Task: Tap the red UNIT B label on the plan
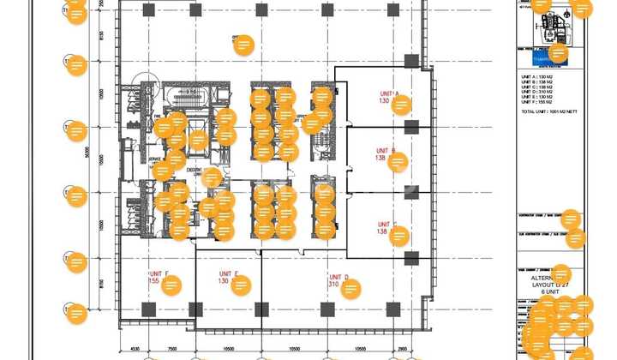pyautogui.click(x=385, y=151)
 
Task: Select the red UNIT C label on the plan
pyautogui.click(x=386, y=225)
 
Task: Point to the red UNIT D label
pyautogui.click(x=338, y=277)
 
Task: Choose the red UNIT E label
pyautogui.click(x=227, y=273)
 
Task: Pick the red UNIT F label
pyautogui.click(x=158, y=273)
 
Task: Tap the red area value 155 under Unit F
pyautogui.click(x=153, y=281)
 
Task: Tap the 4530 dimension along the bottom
pyautogui.click(x=135, y=350)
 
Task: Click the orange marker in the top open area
pyautogui.click(x=244, y=45)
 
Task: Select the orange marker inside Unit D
pyautogui.click(x=350, y=288)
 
